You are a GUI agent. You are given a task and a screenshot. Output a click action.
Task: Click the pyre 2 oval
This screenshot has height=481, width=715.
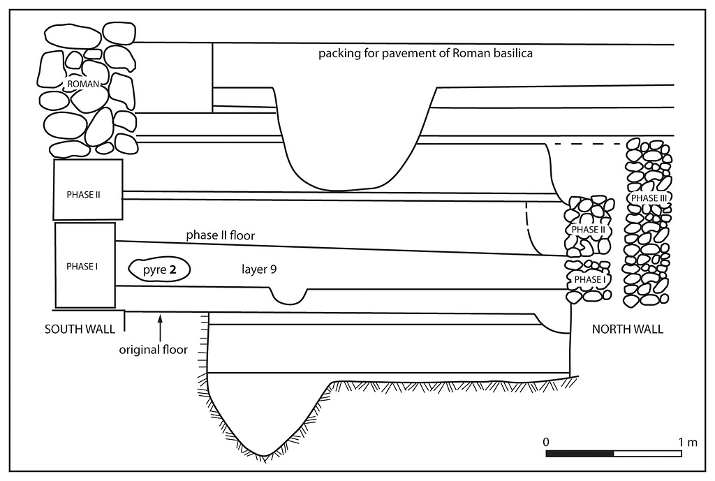[159, 269]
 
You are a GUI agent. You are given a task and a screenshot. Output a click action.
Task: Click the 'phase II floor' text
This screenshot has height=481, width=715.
[220, 236]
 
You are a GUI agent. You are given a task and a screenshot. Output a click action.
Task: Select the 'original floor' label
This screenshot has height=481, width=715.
[153, 350]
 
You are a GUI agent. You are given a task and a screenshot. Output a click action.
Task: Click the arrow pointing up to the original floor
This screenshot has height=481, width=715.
[161, 327]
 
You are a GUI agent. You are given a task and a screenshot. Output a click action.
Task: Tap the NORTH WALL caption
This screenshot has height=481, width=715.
[628, 330]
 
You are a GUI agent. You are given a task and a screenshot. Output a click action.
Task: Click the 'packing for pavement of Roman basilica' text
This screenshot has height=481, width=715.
[426, 53]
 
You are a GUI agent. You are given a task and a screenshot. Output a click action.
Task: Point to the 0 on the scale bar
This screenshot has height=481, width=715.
[547, 442]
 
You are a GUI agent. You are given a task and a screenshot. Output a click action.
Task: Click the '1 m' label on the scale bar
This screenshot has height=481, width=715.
[688, 442]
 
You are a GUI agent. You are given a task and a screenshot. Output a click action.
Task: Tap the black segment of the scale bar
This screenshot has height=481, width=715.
[580, 454]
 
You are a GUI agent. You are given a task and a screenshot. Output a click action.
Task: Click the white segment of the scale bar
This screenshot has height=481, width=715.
[647, 454]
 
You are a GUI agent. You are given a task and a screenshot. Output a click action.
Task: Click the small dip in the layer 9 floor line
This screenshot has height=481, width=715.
[288, 300]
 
